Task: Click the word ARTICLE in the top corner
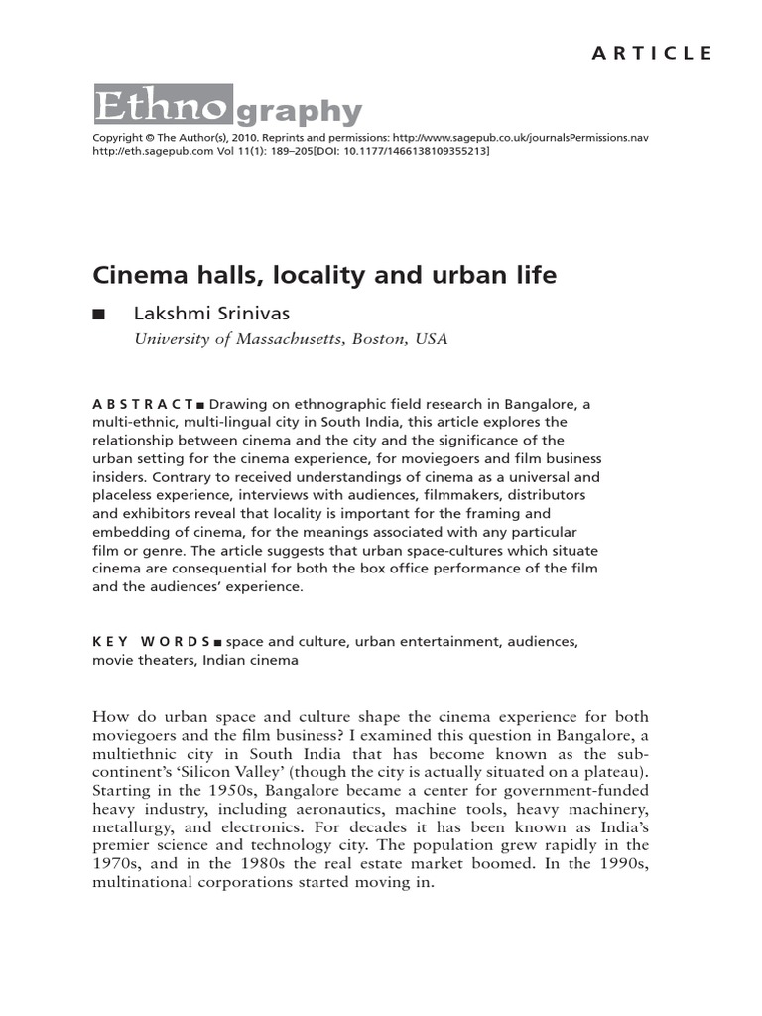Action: (652, 54)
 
